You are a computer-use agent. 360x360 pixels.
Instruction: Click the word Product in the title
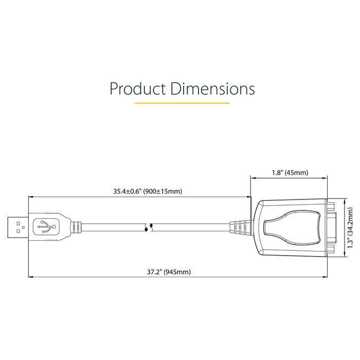(137, 88)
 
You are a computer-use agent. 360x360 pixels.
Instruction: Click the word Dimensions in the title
(212, 88)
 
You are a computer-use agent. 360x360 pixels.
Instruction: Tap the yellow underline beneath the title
(182, 103)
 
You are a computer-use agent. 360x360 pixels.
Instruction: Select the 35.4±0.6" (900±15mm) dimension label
(148, 191)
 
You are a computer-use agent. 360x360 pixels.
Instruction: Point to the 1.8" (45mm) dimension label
(290, 172)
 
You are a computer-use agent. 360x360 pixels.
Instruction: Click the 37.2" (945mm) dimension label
(169, 272)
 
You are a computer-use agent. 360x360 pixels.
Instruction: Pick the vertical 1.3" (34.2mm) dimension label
(350, 228)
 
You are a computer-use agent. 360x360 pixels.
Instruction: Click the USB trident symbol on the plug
(46, 227)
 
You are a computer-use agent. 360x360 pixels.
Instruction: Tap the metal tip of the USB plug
(18, 227)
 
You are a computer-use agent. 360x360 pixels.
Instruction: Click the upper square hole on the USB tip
(18, 223)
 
